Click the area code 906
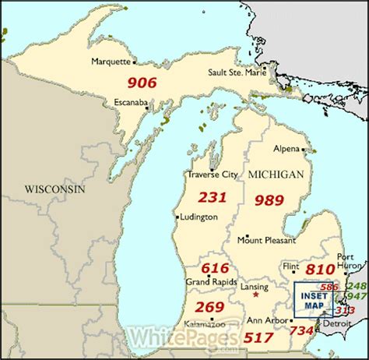click(142, 83)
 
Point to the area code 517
click(258, 337)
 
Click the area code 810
click(320, 269)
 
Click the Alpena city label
click(286, 147)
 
